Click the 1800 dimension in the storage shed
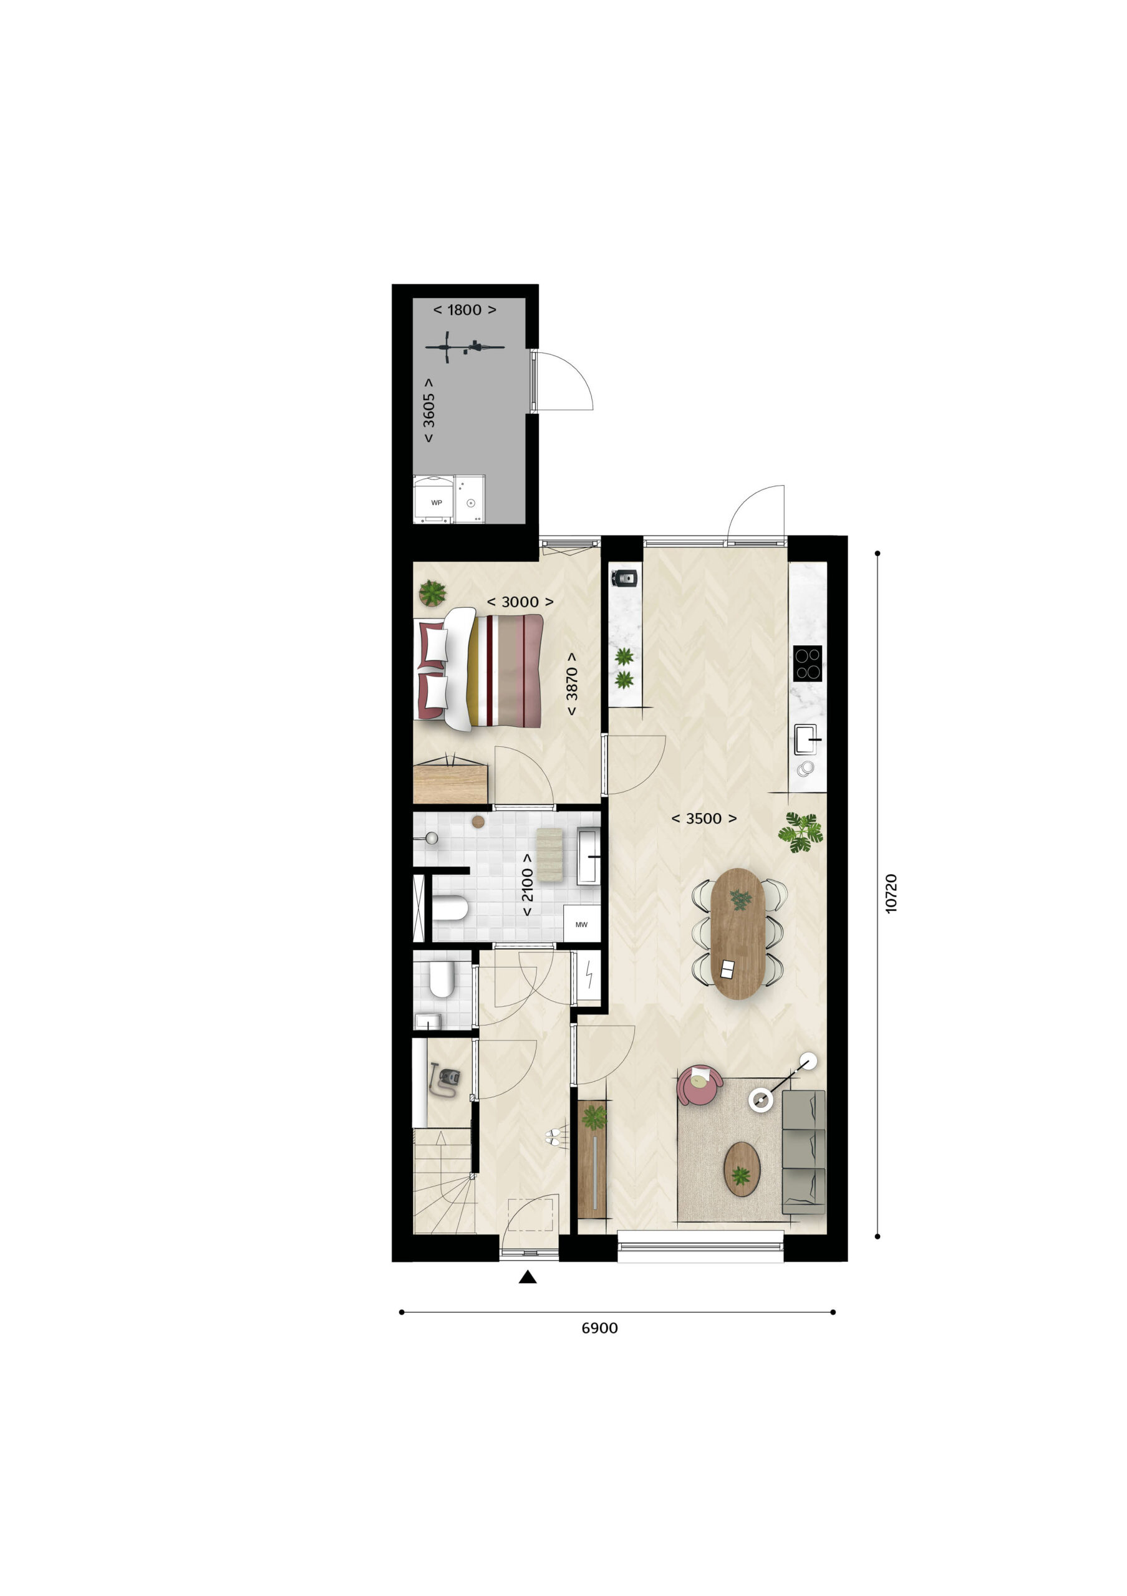pos(465,310)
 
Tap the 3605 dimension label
pos(429,410)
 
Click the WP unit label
pos(437,502)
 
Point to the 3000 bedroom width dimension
pos(520,602)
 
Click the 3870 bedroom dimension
pos(571,684)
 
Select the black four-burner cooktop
pos(807,663)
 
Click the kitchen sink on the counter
pos(808,739)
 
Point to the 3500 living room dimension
pos(704,819)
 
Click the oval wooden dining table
pos(738,933)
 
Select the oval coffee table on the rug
pos(742,1169)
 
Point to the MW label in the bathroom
pos(581,925)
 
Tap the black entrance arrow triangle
pos(528,1276)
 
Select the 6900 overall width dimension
pos(599,1329)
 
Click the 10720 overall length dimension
pos(891,893)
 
